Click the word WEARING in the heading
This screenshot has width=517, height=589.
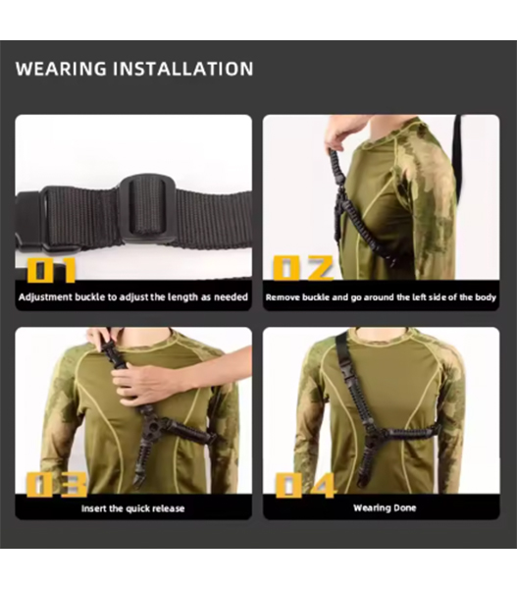(x=61, y=69)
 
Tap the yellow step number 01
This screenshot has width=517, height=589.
(x=51, y=270)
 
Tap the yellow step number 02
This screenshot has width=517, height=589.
(x=302, y=268)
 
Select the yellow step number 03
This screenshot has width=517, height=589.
(x=57, y=485)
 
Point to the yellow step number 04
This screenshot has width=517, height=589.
(x=305, y=485)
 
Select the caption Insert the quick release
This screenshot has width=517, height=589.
(x=132, y=509)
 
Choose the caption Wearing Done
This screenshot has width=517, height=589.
(x=385, y=508)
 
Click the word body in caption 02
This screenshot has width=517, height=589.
(x=486, y=297)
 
